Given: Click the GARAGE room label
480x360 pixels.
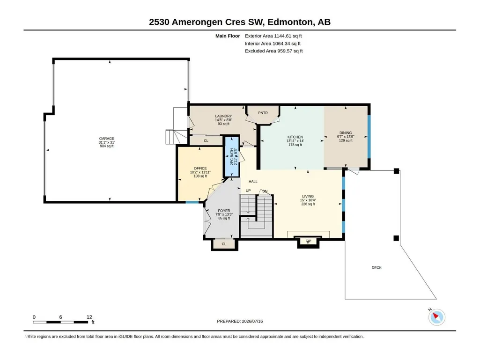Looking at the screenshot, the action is [x=106, y=139].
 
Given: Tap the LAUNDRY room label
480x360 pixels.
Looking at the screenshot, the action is [x=223, y=116].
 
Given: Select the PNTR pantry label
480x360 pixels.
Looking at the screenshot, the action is [x=263, y=113].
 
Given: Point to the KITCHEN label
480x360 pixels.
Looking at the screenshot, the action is [x=295, y=137].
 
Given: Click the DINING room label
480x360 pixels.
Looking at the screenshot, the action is [x=346, y=133].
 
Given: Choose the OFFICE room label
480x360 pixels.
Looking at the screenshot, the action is [x=200, y=169].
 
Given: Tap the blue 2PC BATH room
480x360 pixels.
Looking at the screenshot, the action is [x=232, y=157].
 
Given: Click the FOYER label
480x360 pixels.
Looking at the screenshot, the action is [x=224, y=211].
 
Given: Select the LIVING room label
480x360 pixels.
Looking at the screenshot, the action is [x=308, y=197].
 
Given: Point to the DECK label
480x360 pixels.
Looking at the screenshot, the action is [x=377, y=268].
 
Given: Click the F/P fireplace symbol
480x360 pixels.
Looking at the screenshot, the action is [x=308, y=241].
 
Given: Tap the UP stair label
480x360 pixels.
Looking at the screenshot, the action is [x=248, y=191].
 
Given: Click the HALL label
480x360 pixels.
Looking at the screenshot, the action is [x=253, y=182].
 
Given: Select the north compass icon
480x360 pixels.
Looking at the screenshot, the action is [x=436, y=317].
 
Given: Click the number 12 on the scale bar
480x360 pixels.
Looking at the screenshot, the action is [x=89, y=317].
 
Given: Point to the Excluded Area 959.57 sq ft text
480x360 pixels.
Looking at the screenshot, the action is [x=273, y=51].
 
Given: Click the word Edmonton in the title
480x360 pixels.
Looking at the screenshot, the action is [x=291, y=22].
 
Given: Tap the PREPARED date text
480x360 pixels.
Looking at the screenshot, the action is [x=240, y=321].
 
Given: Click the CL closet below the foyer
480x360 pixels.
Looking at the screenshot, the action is [x=224, y=244].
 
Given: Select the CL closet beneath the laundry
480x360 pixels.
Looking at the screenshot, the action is [x=206, y=141].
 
